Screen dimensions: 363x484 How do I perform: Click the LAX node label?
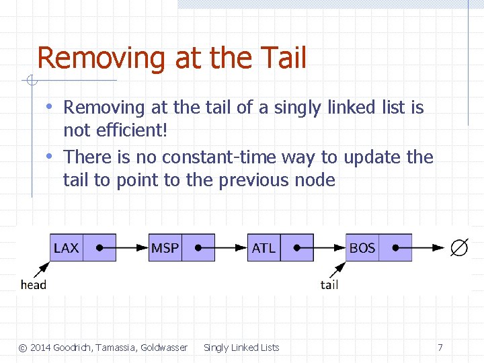pos(66,248)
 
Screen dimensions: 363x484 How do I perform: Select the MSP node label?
pos(165,248)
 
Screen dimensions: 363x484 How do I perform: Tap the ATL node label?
pos(264,248)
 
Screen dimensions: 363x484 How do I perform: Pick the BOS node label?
pos(362,248)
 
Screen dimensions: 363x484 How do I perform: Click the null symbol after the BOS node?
pos(459,248)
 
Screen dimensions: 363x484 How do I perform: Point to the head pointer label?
pos(34,284)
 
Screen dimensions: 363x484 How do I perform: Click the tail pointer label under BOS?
pos(329,284)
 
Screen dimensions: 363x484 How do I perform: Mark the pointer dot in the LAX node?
pos(99,247)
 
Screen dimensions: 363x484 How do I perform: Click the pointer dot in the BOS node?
pos(396,247)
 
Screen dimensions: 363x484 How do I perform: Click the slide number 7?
pos(440,348)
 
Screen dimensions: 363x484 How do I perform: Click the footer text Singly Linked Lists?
pos(241,348)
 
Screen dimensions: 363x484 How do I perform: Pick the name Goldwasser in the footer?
pos(164,348)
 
